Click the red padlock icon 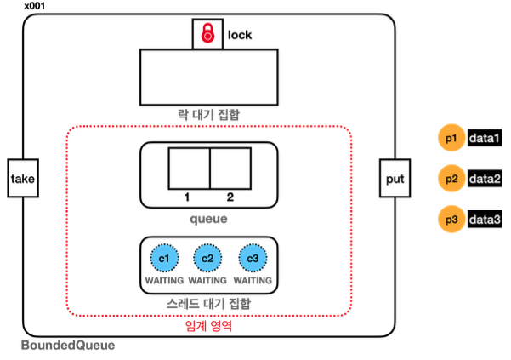pos(207,33)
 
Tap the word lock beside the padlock pos(240,35)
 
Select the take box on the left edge pos(23,179)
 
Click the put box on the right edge pos(395,179)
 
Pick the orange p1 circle pos(451,138)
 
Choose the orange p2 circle pos(451,179)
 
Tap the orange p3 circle pos(451,220)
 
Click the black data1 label pos(485,138)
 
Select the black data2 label pos(485,179)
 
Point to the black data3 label pos(485,220)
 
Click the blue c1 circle pos(164,258)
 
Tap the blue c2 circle pos(207,258)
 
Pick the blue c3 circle pos(253,258)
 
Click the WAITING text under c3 pos(253,280)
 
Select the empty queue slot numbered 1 pos(189,169)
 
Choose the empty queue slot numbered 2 pos(230,169)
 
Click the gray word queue pos(208,219)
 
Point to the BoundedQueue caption pos(68,345)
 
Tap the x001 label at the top pos(35,6)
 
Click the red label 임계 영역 pos(208,325)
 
